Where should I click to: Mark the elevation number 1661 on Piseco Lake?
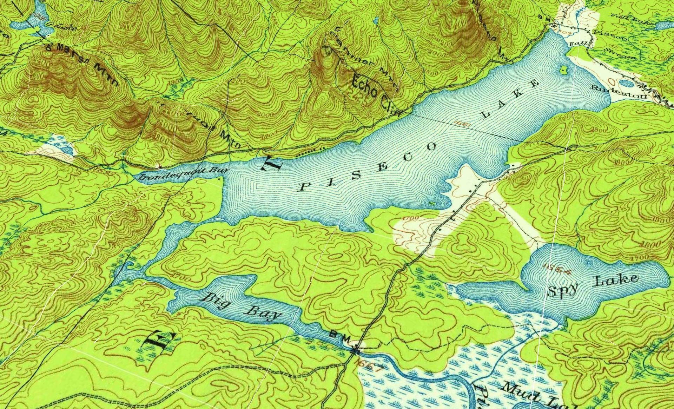[461, 123]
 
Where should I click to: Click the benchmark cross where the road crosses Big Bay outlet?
[356, 350]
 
